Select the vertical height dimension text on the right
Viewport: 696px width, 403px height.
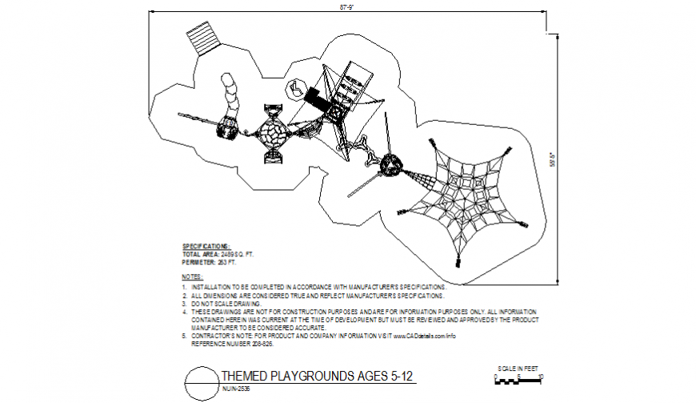point(550,157)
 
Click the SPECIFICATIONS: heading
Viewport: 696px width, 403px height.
point(206,246)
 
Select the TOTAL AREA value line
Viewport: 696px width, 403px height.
point(218,254)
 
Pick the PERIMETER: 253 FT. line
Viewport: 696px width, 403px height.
point(210,262)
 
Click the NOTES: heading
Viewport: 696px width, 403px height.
point(193,276)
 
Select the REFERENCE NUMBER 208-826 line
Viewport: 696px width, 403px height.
point(232,344)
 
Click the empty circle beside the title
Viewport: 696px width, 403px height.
point(200,382)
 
